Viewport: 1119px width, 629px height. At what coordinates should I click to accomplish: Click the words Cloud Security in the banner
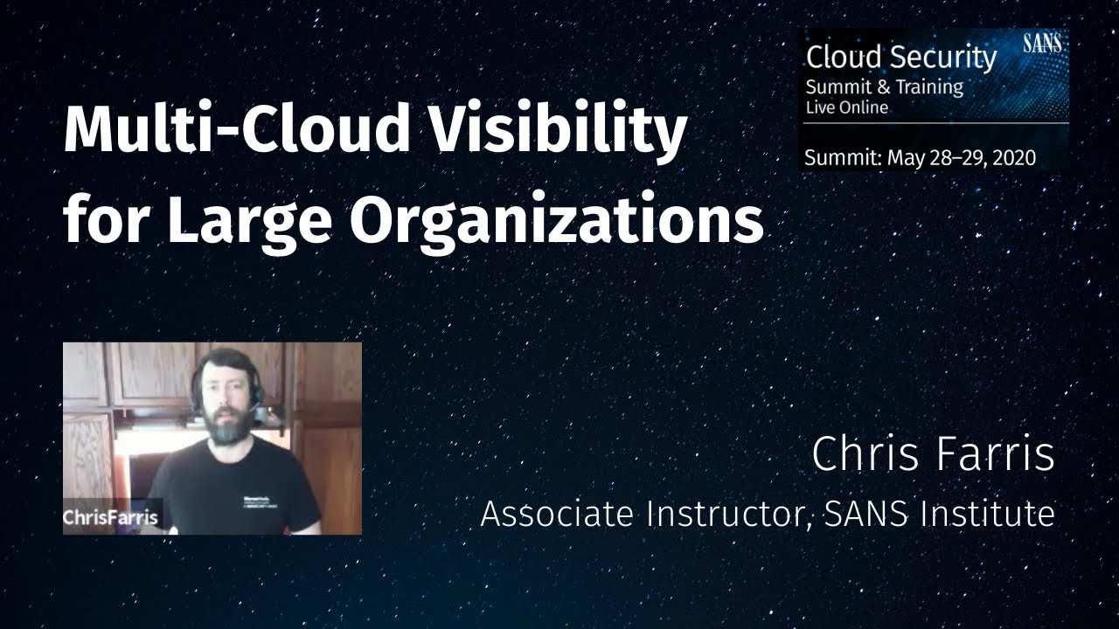[x=900, y=58]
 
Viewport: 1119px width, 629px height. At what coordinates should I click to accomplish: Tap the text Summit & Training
[x=884, y=86]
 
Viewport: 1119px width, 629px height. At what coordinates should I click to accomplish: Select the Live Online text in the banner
[x=846, y=107]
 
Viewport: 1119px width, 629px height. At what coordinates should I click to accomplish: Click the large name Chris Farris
[x=933, y=455]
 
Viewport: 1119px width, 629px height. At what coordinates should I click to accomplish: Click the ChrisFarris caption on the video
[x=110, y=517]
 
